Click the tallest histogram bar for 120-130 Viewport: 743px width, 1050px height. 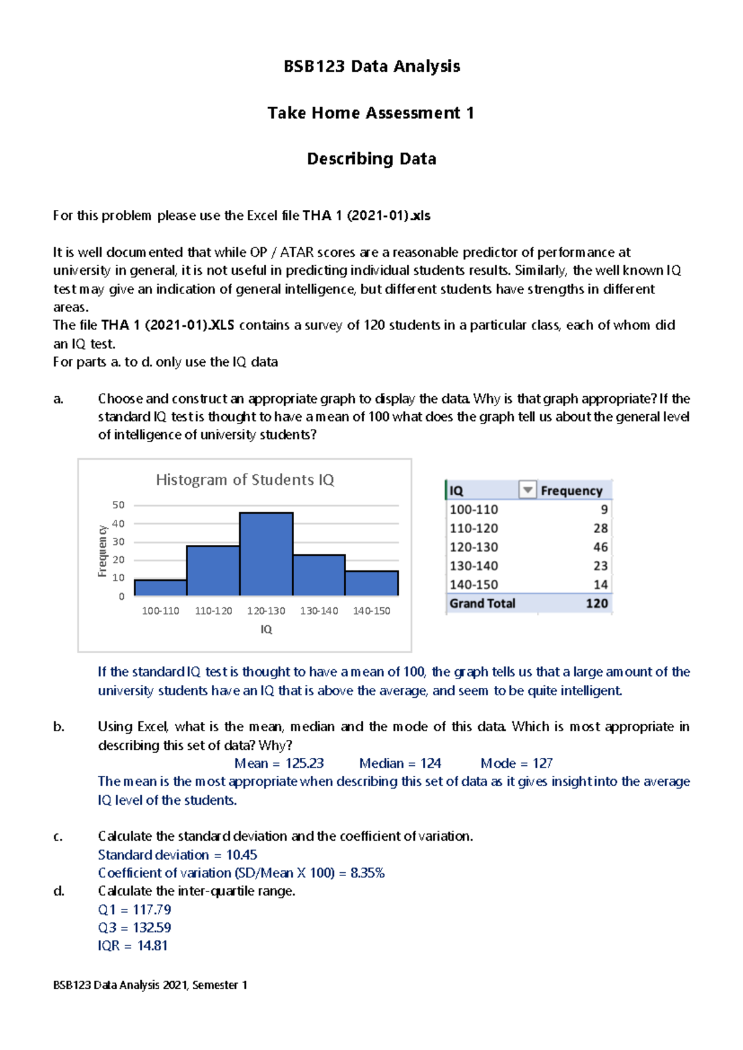pyautogui.click(x=266, y=554)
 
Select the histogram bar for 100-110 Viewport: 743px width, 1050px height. pyautogui.click(x=160, y=588)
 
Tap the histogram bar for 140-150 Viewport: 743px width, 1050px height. pyautogui.click(x=371, y=583)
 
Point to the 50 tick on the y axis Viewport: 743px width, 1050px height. pyautogui.click(x=118, y=505)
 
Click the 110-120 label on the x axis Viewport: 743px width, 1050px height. pyautogui.click(x=214, y=611)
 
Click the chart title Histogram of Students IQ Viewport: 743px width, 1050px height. pyautogui.click(x=245, y=480)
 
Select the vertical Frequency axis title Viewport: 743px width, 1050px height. pyautogui.click(x=102, y=551)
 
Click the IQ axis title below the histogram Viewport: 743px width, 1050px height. pyautogui.click(x=266, y=630)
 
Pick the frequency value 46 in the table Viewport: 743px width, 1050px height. pyautogui.click(x=600, y=547)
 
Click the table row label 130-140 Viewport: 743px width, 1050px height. pyautogui.click(x=474, y=566)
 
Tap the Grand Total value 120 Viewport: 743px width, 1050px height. pyautogui.click(x=597, y=604)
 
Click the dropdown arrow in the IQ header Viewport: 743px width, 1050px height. pyautogui.click(x=527, y=490)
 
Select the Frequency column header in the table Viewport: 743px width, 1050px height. pyautogui.click(x=571, y=491)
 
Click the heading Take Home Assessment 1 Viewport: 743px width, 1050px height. pyautogui.click(x=371, y=113)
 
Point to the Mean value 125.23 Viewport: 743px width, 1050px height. pyautogui.click(x=304, y=763)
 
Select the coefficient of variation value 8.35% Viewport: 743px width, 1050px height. pyautogui.click(x=367, y=873)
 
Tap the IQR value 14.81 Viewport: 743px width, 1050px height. pyautogui.click(x=152, y=946)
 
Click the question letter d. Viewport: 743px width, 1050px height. pyautogui.click(x=58, y=892)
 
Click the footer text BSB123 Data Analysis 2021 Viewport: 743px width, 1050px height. pyautogui.click(x=150, y=985)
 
